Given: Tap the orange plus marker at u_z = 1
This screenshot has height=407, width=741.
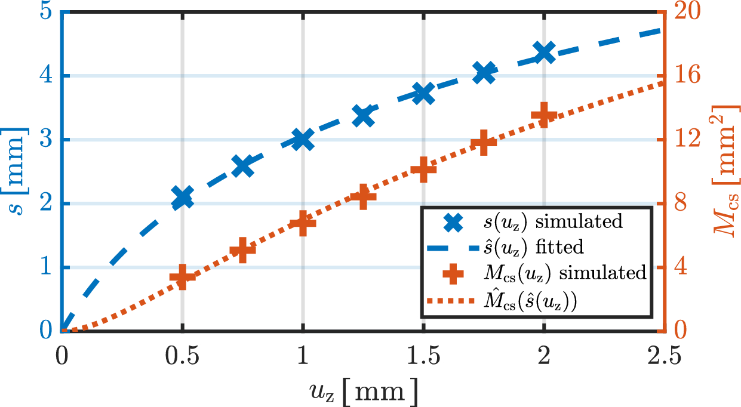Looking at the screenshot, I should [x=303, y=223].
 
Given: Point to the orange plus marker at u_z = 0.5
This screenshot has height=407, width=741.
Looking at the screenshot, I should [x=182, y=277].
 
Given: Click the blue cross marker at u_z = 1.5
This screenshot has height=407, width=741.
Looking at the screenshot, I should [x=423, y=93].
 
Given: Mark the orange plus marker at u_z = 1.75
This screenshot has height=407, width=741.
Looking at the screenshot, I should [x=484, y=143].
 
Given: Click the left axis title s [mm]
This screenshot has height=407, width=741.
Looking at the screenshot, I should [x=18, y=173].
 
